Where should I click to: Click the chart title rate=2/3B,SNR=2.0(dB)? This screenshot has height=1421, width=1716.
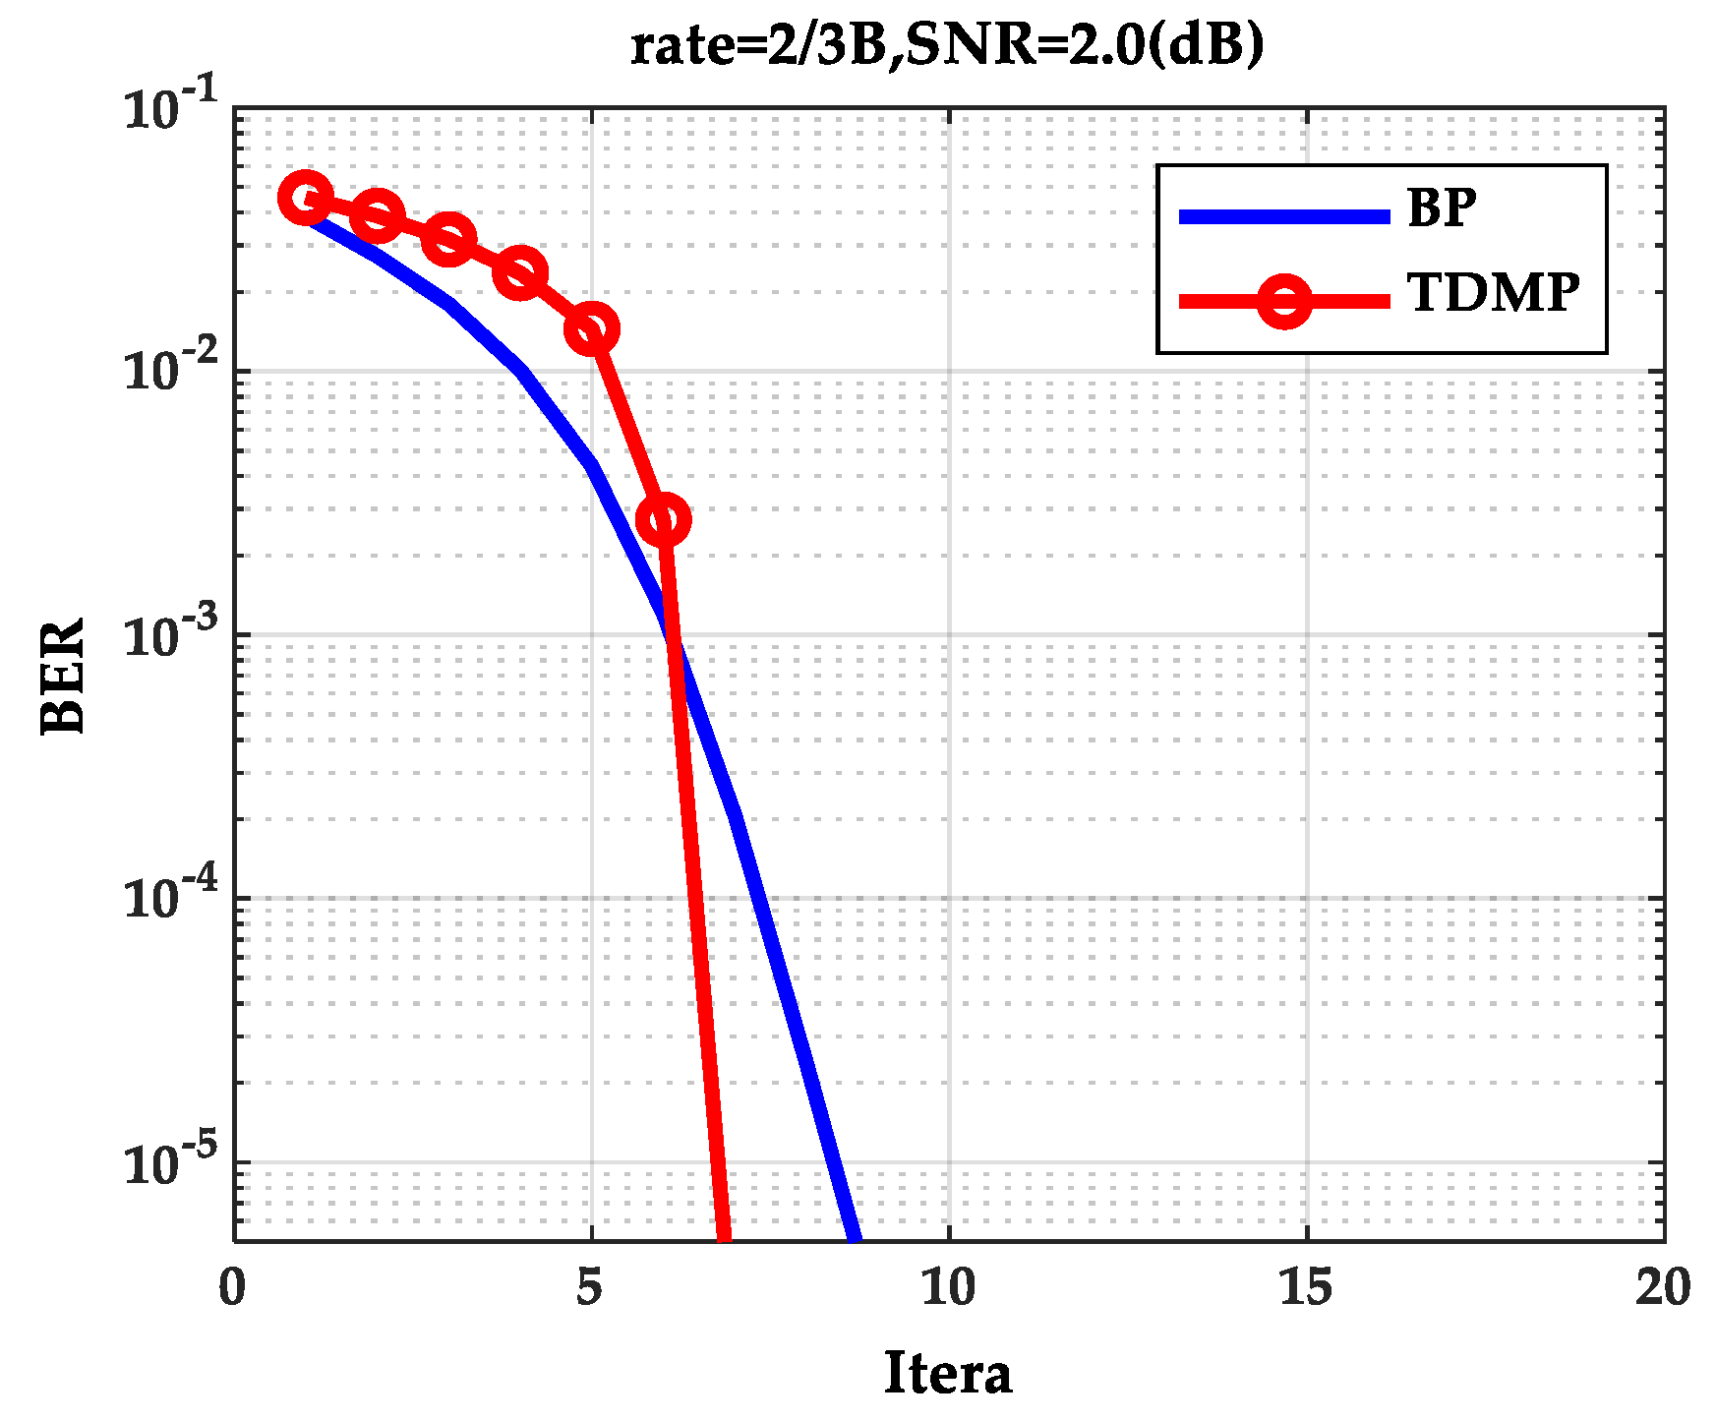tap(946, 45)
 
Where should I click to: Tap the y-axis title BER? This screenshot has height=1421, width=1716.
tap(64, 676)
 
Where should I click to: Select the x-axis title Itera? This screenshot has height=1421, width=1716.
tap(947, 1373)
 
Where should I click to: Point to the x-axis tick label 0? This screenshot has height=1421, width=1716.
tap(233, 1288)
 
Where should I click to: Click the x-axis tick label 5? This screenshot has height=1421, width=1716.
tap(590, 1288)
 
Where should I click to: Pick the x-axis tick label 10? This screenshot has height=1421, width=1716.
tap(948, 1288)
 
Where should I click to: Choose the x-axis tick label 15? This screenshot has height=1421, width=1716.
tap(1306, 1288)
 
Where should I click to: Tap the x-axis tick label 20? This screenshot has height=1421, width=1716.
tap(1663, 1288)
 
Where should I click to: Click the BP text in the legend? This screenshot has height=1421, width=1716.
tap(1442, 208)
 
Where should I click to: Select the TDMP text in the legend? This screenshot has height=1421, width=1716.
tap(1493, 293)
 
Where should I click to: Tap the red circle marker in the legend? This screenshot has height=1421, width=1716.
tap(1284, 300)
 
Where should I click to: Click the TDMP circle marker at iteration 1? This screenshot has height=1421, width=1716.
tap(305, 198)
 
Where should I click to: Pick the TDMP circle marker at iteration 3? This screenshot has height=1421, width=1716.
tap(448, 239)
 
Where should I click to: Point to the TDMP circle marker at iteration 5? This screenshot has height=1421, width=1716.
tap(591, 328)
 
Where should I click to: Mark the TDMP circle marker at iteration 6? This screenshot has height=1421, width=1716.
tap(663, 519)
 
